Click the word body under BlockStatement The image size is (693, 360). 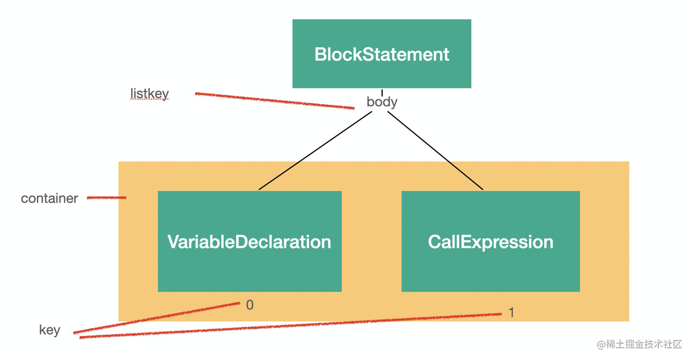[382, 102]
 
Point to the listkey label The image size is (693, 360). [149, 94]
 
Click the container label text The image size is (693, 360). [49, 198]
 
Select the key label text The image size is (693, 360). [49, 330]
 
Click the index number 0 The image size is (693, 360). [250, 305]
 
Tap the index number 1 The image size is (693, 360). [511, 313]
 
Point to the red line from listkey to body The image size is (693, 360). [274, 101]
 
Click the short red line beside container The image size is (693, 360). [106, 198]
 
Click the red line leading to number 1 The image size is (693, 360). [290, 325]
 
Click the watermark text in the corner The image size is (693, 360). [639, 345]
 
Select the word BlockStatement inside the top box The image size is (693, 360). [382, 54]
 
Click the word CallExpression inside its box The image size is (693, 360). [490, 242]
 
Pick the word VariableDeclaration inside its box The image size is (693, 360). [249, 242]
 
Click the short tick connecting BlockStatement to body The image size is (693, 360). [382, 92]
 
